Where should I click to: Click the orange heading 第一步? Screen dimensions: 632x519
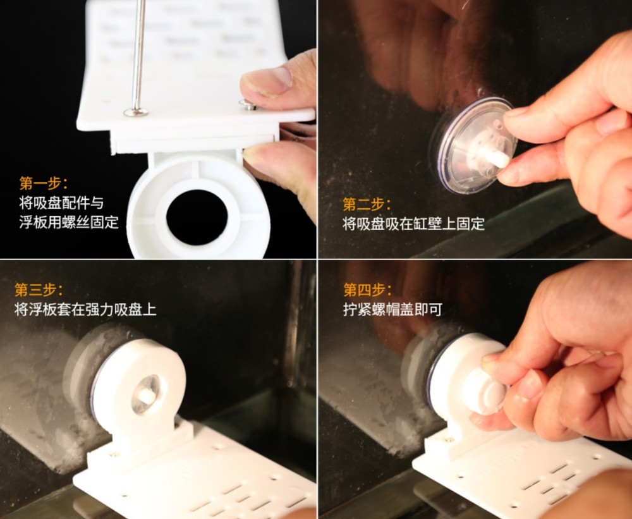pyautogui.click(x=43, y=183)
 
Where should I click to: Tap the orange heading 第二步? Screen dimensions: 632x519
pyautogui.click(x=367, y=204)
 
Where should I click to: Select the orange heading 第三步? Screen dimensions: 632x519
pyautogui.click(x=39, y=290)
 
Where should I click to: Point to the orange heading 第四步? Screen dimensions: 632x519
pyautogui.click(x=367, y=290)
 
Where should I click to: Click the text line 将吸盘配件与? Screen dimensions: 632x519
pyautogui.click(x=61, y=203)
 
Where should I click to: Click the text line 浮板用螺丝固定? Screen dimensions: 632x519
pyautogui.click(x=68, y=222)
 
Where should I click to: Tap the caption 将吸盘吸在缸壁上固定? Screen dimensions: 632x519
pyautogui.click(x=413, y=224)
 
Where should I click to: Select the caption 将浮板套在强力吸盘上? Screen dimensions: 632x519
pyautogui.click(x=85, y=310)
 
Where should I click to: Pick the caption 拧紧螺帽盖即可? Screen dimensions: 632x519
pyautogui.click(x=392, y=310)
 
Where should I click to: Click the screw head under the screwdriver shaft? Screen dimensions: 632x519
pyautogui.click(x=136, y=112)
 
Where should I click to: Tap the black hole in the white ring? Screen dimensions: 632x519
pyautogui.click(x=197, y=217)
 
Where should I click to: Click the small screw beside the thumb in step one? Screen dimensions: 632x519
pyautogui.click(x=248, y=105)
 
